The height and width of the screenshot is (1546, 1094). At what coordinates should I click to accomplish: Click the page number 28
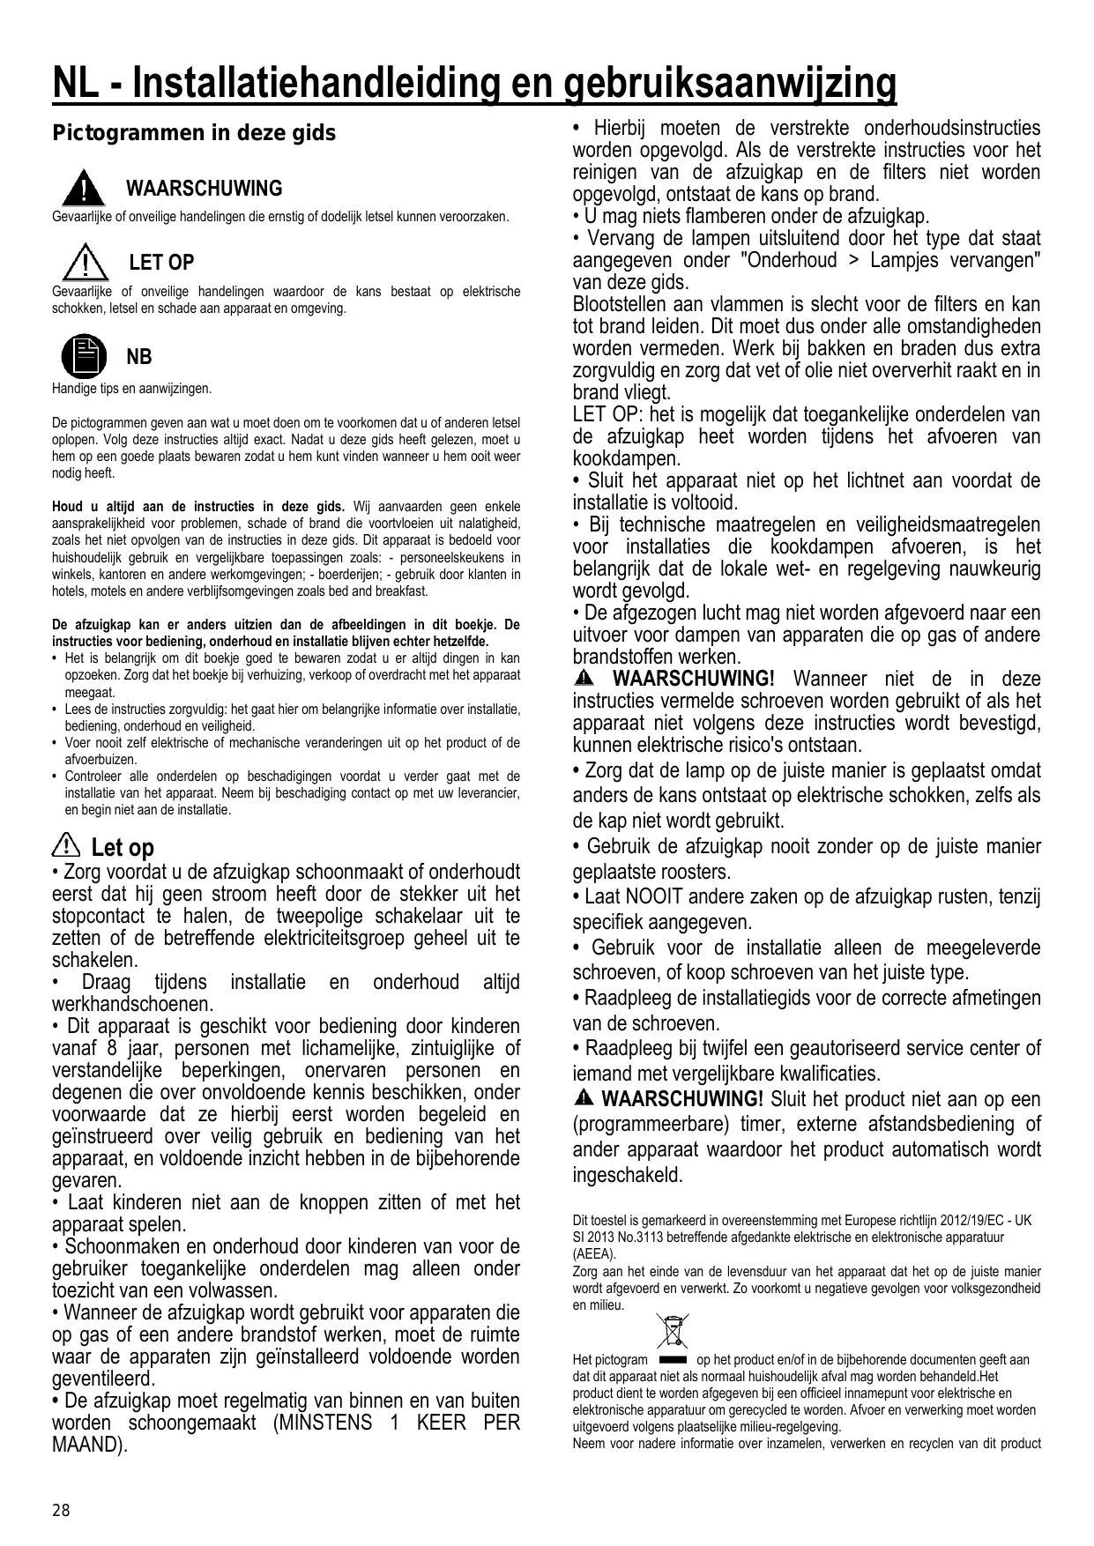60,1511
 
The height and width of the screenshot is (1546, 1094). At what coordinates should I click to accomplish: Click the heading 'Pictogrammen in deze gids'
194,133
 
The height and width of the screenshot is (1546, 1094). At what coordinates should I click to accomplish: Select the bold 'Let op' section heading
123,848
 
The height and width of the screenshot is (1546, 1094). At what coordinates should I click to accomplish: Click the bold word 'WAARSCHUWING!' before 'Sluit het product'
681,1099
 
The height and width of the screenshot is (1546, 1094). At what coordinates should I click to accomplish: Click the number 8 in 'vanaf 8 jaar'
112,1048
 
